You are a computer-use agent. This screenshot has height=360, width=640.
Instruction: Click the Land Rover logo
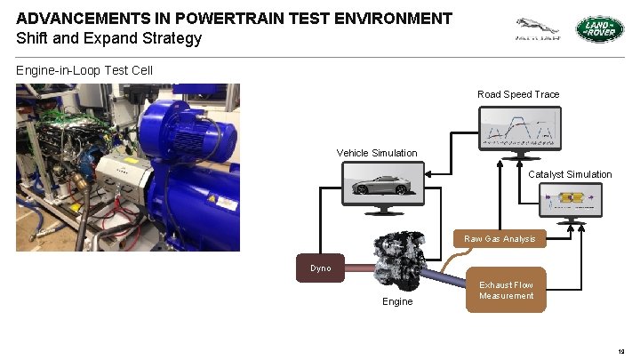click(x=600, y=30)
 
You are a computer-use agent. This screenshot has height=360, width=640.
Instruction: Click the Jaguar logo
click(x=538, y=29)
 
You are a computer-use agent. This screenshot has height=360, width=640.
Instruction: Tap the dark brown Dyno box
click(x=320, y=268)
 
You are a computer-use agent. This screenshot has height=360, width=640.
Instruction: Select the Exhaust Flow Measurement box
click(x=506, y=290)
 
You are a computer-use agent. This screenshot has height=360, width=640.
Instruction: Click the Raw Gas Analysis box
click(x=500, y=238)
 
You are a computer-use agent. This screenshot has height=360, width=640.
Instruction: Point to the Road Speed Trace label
click(x=518, y=94)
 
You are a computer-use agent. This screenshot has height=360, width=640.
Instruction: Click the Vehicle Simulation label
click(x=377, y=153)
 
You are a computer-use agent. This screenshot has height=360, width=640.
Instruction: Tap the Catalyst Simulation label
click(x=570, y=174)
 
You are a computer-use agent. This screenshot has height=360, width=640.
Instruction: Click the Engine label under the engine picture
click(x=397, y=301)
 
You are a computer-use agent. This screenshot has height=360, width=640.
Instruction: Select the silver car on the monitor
click(x=383, y=186)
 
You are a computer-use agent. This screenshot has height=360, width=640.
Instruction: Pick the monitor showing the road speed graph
click(x=520, y=128)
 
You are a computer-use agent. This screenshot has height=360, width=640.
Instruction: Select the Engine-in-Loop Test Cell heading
click(x=84, y=69)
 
